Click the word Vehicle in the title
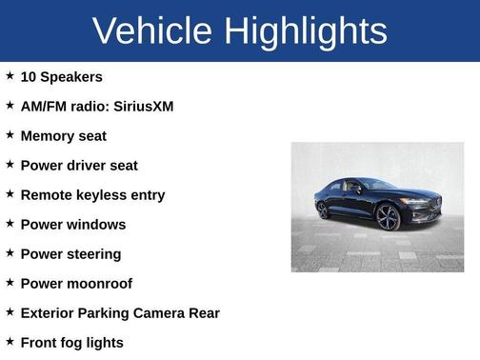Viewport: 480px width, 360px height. (x=152, y=31)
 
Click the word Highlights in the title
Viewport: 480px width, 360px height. (x=307, y=31)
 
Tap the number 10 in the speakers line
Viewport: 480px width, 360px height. (x=29, y=77)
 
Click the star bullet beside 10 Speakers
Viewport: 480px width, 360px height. (x=10, y=75)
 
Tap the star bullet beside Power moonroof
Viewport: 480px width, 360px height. (x=10, y=282)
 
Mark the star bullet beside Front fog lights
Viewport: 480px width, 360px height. (x=10, y=341)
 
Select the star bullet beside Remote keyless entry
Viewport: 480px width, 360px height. (x=10, y=193)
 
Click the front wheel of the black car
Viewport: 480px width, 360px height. (x=389, y=218)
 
